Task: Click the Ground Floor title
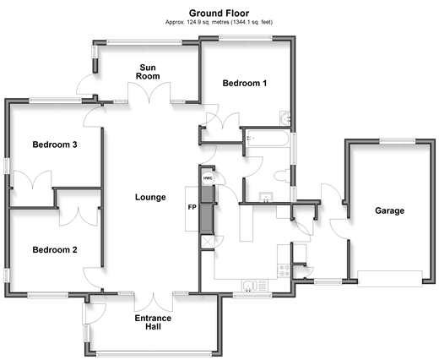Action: pyautogui.click(x=219, y=14)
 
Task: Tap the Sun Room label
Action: pyautogui.click(x=148, y=72)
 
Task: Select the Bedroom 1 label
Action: pyautogui.click(x=245, y=83)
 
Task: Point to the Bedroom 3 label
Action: pyautogui.click(x=55, y=145)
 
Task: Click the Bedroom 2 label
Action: pyautogui.click(x=55, y=249)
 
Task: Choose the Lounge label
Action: pyautogui.click(x=150, y=197)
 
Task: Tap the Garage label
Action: pyautogui.click(x=390, y=210)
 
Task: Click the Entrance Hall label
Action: pyautogui.click(x=153, y=322)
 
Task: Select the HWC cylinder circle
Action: pyautogui.click(x=208, y=178)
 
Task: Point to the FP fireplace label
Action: pyautogui.click(x=192, y=207)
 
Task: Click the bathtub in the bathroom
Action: pyautogui.click(x=267, y=138)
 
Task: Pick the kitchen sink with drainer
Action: pyautogui.click(x=255, y=286)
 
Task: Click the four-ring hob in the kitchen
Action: pyautogui.click(x=284, y=270)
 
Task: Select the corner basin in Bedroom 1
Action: pyautogui.click(x=285, y=118)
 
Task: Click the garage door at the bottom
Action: pyautogui.click(x=390, y=279)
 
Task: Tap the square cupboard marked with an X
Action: pyautogui.click(x=208, y=242)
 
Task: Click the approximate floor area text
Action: pyautogui.click(x=219, y=22)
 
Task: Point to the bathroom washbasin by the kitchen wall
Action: pyautogui.click(x=266, y=197)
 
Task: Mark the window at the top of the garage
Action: pyautogui.click(x=397, y=141)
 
